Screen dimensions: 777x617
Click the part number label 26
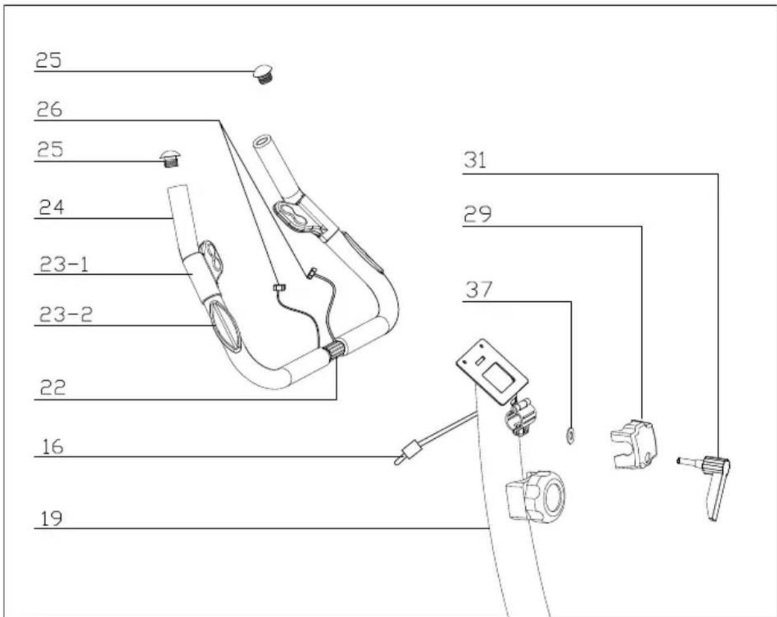(50, 109)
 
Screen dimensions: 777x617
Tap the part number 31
(475, 160)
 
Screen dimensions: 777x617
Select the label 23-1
(64, 264)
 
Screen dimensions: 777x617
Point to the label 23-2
(66, 314)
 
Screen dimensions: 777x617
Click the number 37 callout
(478, 289)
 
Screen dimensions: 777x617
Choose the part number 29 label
(478, 214)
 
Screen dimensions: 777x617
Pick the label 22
(53, 388)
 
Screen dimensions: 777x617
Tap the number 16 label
(53, 447)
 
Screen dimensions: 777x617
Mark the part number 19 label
(51, 519)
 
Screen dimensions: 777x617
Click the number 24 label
(52, 207)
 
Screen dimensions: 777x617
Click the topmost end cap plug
(264, 74)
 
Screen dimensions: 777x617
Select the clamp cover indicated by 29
(634, 445)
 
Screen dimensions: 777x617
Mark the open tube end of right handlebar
(262, 140)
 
